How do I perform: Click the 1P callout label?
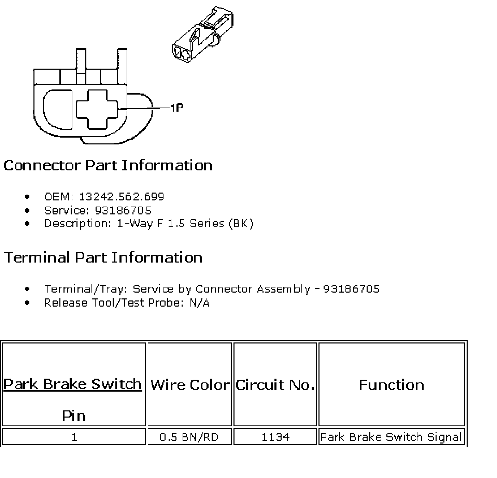tap(177, 108)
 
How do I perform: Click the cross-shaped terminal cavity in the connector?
tap(97, 109)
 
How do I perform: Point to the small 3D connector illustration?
tap(203, 36)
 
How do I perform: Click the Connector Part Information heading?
tap(108, 165)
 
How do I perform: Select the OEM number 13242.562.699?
tap(122, 197)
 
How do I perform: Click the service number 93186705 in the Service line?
tap(123, 210)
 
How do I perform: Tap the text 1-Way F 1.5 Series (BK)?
tap(185, 224)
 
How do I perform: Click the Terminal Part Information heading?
tap(103, 257)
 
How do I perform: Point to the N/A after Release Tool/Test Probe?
tap(199, 303)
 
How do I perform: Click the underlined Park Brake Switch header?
tap(73, 384)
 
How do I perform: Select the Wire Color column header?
tap(190, 385)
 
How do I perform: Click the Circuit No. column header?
tap(275, 385)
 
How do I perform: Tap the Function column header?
tap(392, 385)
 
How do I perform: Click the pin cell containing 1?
tap(74, 437)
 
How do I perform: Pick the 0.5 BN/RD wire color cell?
tap(189, 437)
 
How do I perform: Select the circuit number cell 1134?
tap(275, 437)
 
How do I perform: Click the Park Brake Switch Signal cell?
tap(391, 437)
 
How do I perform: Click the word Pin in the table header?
tap(74, 416)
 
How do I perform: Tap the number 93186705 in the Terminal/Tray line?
tap(351, 289)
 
